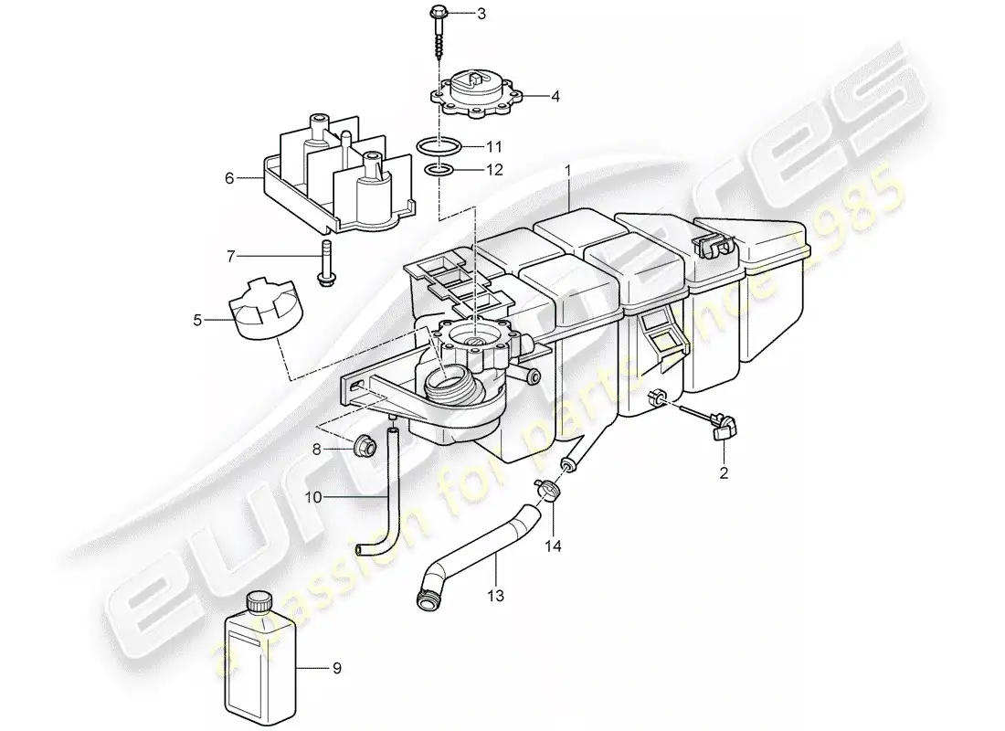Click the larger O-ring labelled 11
[437, 146]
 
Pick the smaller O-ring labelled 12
[439, 170]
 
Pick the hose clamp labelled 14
[550, 490]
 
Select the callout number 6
[228, 177]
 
